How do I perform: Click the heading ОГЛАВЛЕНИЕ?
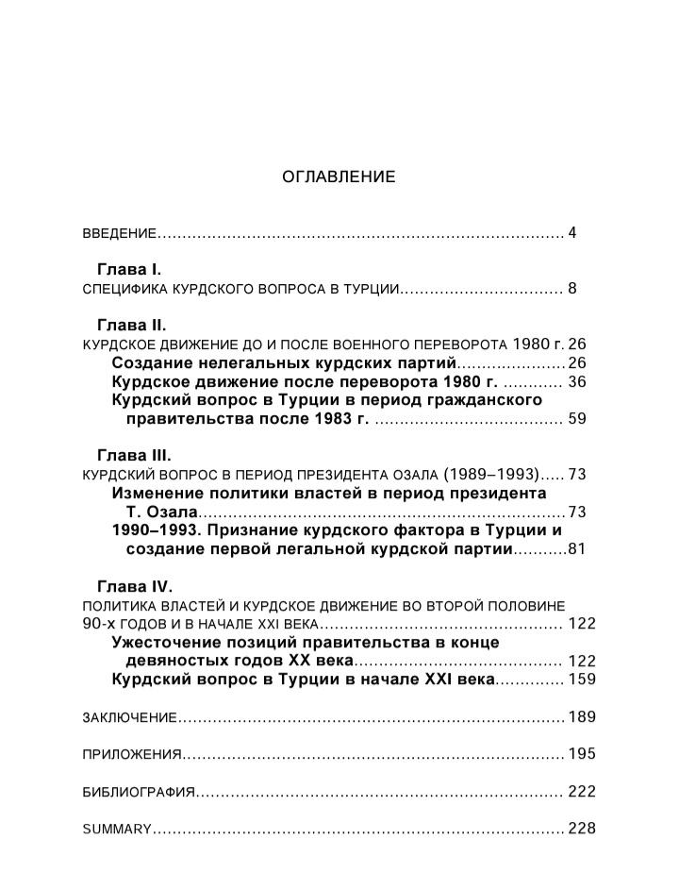tap(339, 176)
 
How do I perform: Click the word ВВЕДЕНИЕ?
tap(118, 233)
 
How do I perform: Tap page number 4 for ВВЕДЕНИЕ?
tap(571, 232)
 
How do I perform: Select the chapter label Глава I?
tap(130, 269)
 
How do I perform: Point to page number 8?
tap(571, 288)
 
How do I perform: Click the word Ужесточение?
tap(171, 642)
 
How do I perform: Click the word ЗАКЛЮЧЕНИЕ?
tap(129, 717)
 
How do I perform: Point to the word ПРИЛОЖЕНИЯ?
tap(131, 754)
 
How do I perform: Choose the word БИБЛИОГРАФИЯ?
tap(139, 792)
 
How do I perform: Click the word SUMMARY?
tap(117, 829)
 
